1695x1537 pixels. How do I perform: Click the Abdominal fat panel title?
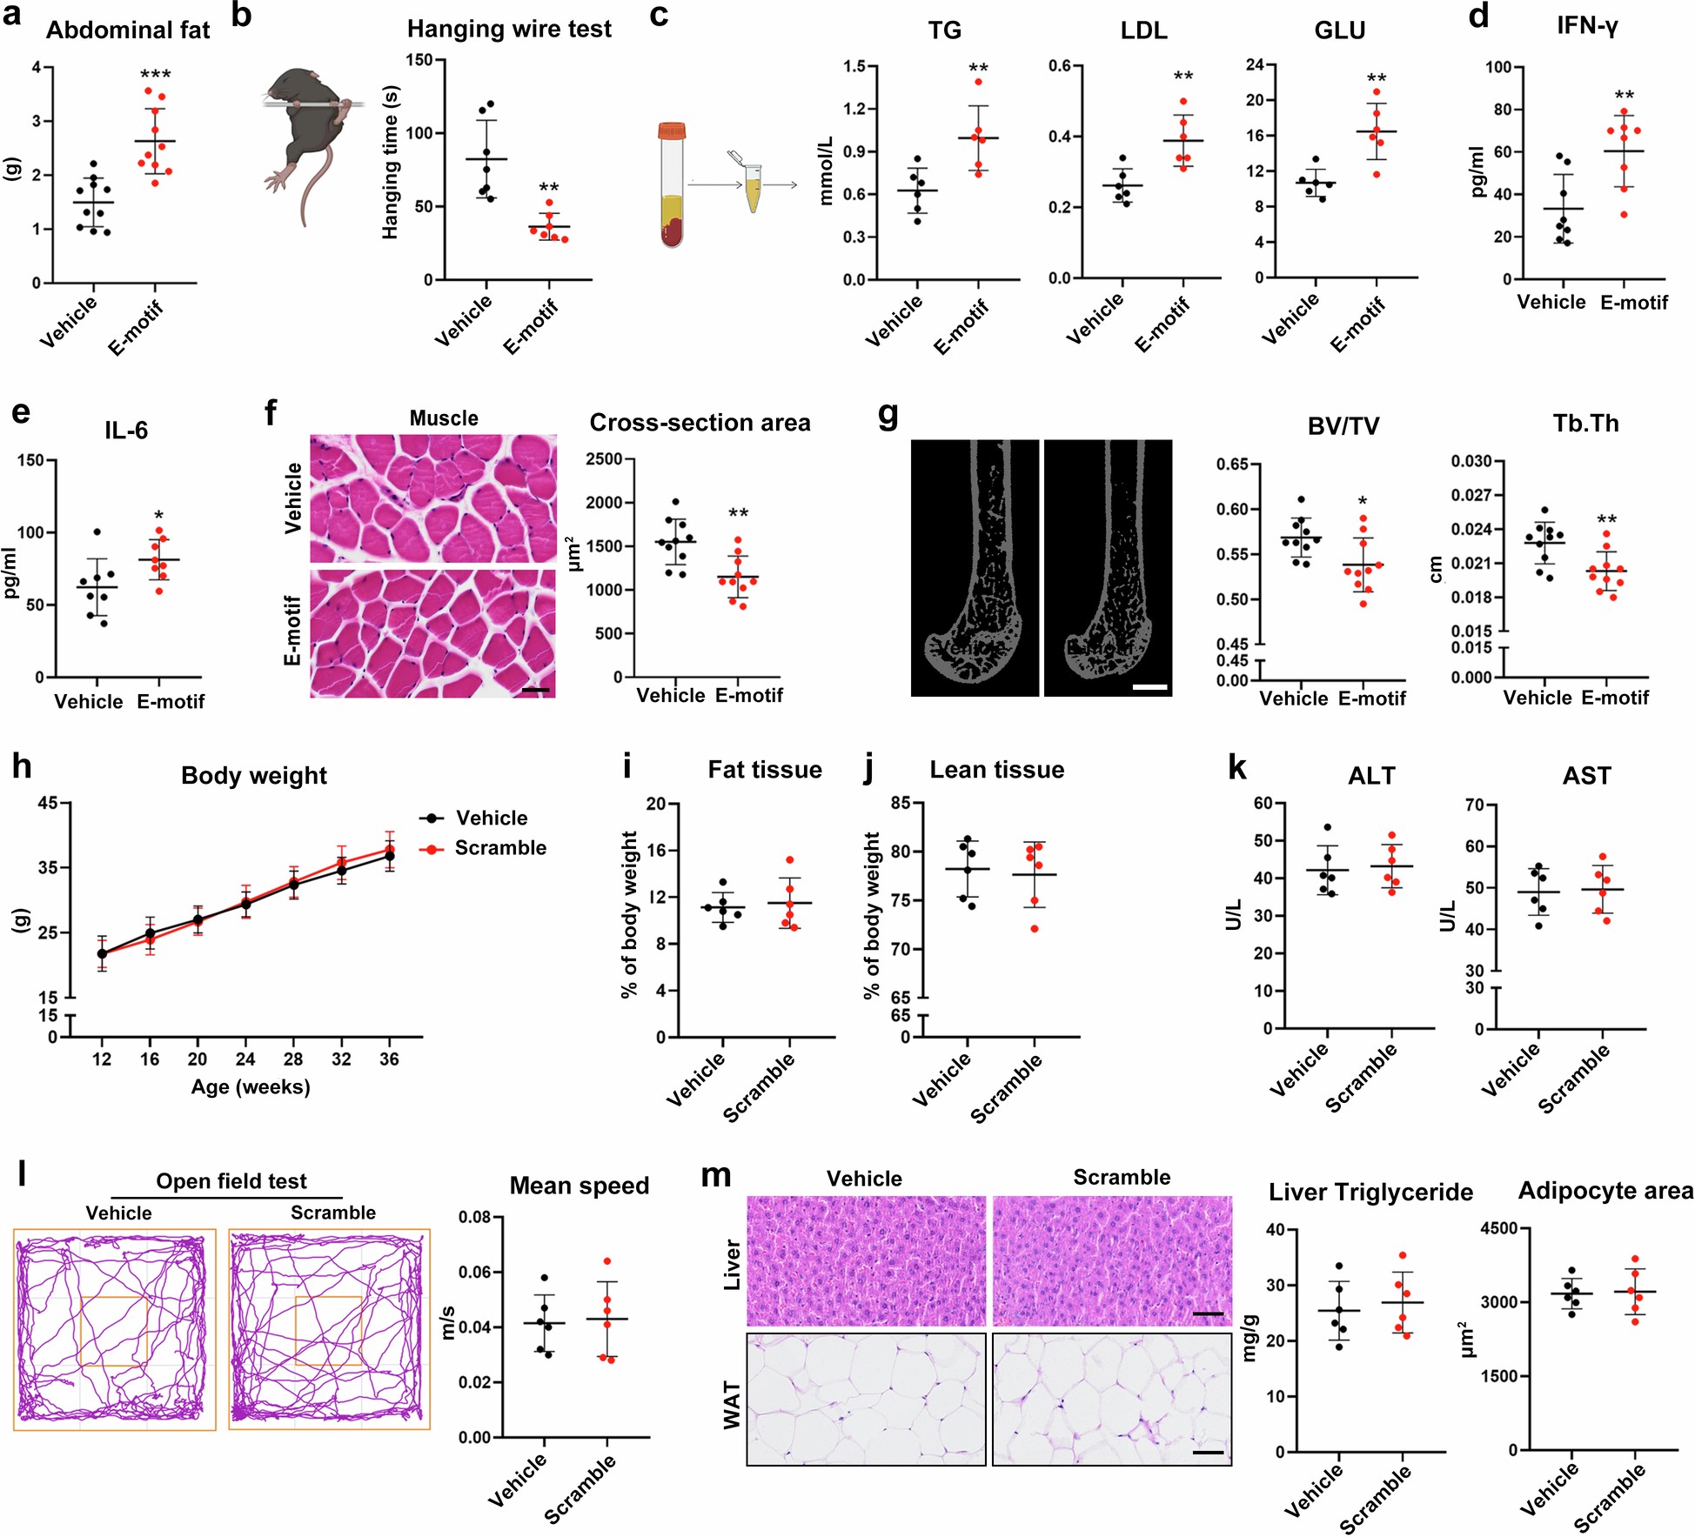click(127, 30)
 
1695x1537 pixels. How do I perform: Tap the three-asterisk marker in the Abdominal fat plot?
click(156, 75)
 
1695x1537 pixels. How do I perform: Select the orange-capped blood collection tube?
click(672, 184)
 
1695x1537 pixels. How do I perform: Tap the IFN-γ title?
click(1586, 26)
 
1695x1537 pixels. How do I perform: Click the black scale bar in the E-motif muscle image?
click(536, 690)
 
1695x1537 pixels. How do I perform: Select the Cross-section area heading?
click(700, 423)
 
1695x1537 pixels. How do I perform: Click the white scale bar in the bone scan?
click(1150, 687)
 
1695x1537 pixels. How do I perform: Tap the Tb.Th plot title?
click(1585, 424)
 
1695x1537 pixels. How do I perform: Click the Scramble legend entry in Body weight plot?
click(499, 848)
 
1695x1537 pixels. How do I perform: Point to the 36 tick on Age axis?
click(389, 1059)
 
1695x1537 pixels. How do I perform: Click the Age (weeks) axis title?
click(251, 1086)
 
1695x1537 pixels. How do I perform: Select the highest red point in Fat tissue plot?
click(789, 860)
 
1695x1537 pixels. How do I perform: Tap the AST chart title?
click(1585, 775)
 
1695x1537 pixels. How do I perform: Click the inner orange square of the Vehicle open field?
click(113, 1331)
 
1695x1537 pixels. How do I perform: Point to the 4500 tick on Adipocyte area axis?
click(1499, 1228)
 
